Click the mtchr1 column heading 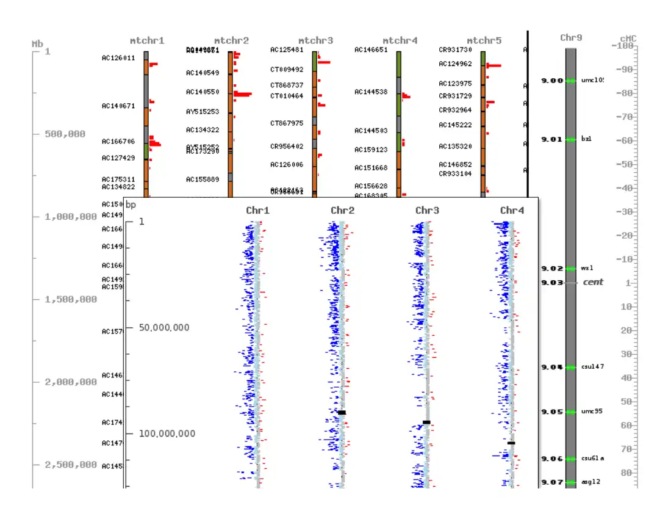click(x=147, y=41)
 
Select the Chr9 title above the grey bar click(x=571, y=38)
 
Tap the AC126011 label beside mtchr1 click(x=118, y=59)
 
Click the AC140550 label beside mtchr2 click(x=203, y=92)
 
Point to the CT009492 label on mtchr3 click(x=287, y=70)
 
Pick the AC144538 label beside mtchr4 click(x=371, y=92)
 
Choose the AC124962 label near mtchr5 click(x=455, y=64)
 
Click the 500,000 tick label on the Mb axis click(x=65, y=134)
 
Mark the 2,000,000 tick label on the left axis click(x=71, y=382)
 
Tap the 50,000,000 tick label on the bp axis click(x=164, y=328)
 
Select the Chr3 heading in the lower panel click(x=427, y=211)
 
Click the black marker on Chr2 click(x=342, y=413)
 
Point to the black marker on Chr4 click(x=511, y=443)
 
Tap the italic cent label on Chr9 click(x=593, y=282)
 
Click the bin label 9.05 click(x=552, y=412)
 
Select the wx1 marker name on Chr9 click(x=587, y=268)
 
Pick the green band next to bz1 click(x=571, y=140)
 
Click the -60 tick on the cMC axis click(x=625, y=140)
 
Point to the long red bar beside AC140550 click(x=243, y=94)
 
